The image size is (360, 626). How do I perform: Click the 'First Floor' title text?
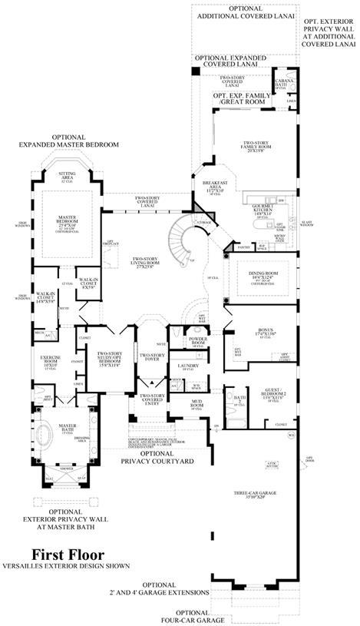click(x=68, y=554)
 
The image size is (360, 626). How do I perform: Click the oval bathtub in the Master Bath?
click(x=45, y=432)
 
